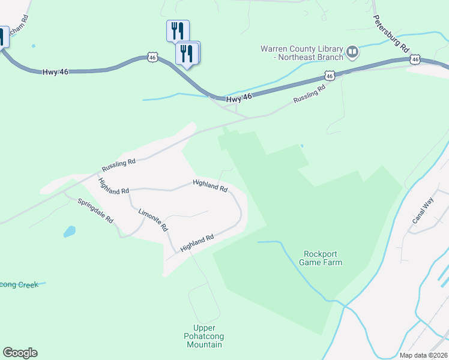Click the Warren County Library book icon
[x=352, y=53]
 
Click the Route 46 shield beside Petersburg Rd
[x=415, y=60]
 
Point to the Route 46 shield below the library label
[x=329, y=76]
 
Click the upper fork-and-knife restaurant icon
[x=178, y=31]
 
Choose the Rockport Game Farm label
[x=322, y=258]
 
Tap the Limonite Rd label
[x=153, y=220]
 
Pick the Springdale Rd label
[x=95, y=210]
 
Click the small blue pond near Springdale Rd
[x=70, y=231]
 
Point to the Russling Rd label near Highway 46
[x=309, y=93]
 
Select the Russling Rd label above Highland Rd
[x=119, y=161]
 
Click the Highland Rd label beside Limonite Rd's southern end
[x=197, y=242]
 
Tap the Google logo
[x=20, y=353]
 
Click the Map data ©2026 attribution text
[x=423, y=355]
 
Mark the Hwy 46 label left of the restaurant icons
[x=55, y=71]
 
